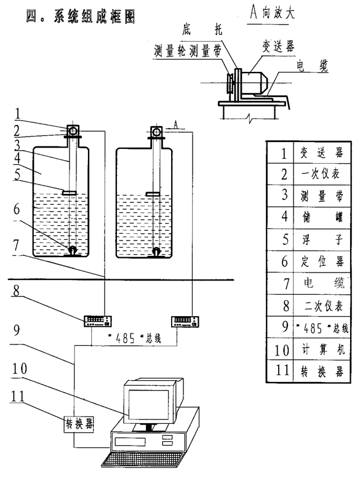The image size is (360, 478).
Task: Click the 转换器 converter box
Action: [x=79, y=424]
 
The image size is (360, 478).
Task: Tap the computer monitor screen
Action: [x=148, y=404]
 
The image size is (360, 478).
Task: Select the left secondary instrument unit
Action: [x=98, y=321]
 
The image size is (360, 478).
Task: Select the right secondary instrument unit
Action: [x=185, y=321]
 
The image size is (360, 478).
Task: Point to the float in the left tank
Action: [x=70, y=193]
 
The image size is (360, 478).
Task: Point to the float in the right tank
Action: [x=153, y=194]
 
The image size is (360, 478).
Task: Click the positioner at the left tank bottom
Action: [x=73, y=251]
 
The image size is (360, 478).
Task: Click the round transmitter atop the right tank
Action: [x=157, y=132]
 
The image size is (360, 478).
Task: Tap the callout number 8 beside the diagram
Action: [x=17, y=290]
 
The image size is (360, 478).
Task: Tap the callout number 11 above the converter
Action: [x=17, y=396]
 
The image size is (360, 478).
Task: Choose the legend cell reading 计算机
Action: [x=322, y=349]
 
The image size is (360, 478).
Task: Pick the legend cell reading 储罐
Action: [x=322, y=218]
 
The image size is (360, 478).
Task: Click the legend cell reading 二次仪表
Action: [x=322, y=305]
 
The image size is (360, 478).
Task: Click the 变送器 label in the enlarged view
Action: [x=278, y=47]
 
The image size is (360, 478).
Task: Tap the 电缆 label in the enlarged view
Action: [x=312, y=66]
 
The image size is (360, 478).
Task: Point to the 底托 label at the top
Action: [x=202, y=30]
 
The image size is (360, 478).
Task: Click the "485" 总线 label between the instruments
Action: [x=134, y=338]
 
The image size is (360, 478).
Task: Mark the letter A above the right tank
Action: [x=176, y=124]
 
